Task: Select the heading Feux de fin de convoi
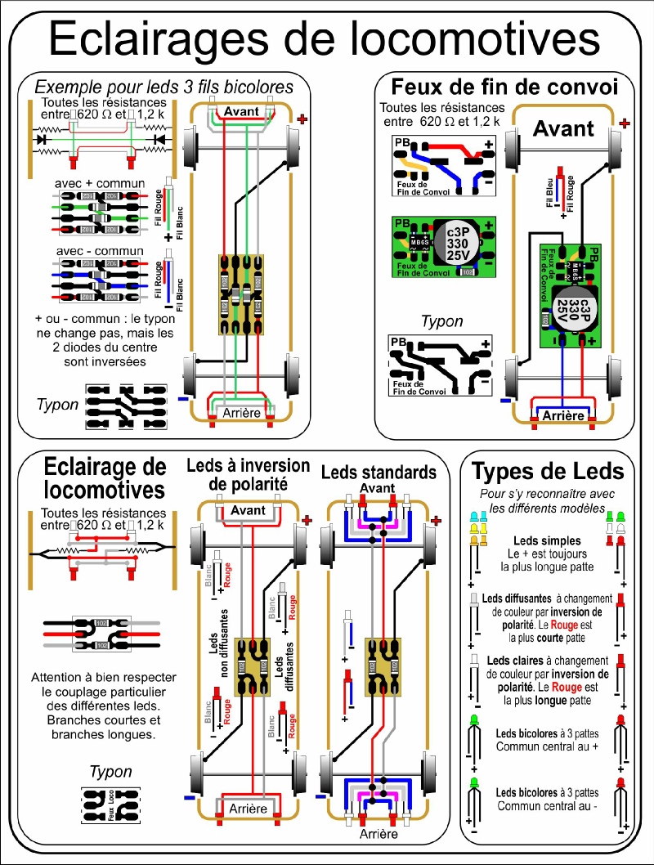pos(504,86)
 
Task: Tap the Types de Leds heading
pos(549,471)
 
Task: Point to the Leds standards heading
pos(379,473)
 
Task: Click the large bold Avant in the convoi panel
pos(563,128)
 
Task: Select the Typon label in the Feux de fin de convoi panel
pos(441,321)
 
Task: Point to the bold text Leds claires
pos(516,661)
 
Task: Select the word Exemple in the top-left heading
pos(65,86)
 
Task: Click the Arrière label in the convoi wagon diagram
pos(563,415)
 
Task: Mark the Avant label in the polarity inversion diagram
pos(248,510)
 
